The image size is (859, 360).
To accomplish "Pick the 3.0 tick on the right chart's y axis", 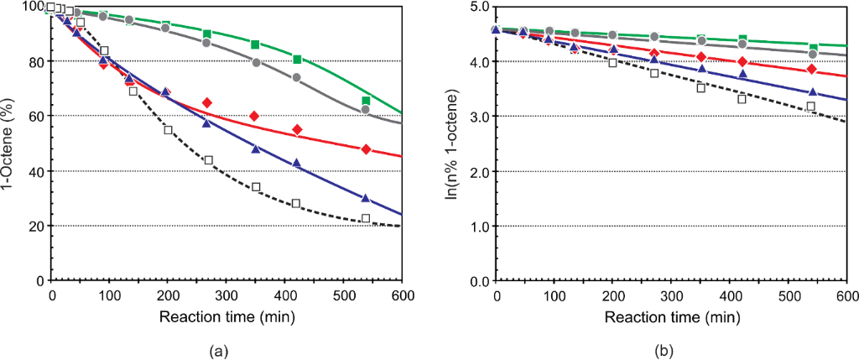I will (479, 117).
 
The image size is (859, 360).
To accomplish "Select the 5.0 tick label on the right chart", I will (479, 7).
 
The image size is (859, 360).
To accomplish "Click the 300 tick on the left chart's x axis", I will (227, 295).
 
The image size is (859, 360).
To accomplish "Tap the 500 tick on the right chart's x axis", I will (789, 295).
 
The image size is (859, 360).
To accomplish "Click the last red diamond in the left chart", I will (366, 149).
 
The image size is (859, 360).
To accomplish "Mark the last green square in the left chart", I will (366, 101).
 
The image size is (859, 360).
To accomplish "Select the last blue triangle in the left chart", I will (366, 198).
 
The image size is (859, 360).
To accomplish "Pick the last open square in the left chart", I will (366, 219).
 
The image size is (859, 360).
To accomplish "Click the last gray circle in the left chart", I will (366, 109).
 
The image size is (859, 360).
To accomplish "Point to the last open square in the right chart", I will (810, 107).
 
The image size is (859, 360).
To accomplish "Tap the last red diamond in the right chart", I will (810, 69).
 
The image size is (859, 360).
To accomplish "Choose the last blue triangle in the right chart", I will (811, 91).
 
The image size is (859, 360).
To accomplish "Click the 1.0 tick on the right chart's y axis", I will (479, 226).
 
